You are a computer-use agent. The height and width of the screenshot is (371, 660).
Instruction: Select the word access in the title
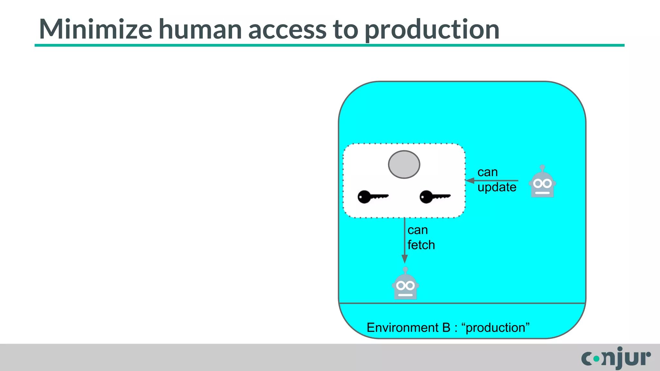point(287,30)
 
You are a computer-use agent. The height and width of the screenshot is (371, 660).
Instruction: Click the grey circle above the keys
point(404,164)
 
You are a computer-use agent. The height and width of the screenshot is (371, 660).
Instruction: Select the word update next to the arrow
point(497,187)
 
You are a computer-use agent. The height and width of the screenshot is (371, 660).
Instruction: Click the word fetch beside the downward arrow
point(421,245)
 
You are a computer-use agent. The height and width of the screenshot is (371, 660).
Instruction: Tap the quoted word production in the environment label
point(495,328)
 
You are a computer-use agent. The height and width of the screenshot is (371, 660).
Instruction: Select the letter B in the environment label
point(446,328)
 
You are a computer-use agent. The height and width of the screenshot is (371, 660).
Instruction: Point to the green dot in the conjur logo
point(597,358)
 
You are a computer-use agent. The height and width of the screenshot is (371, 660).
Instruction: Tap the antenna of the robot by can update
point(542,168)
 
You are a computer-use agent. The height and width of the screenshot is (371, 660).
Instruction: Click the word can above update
point(488,172)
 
